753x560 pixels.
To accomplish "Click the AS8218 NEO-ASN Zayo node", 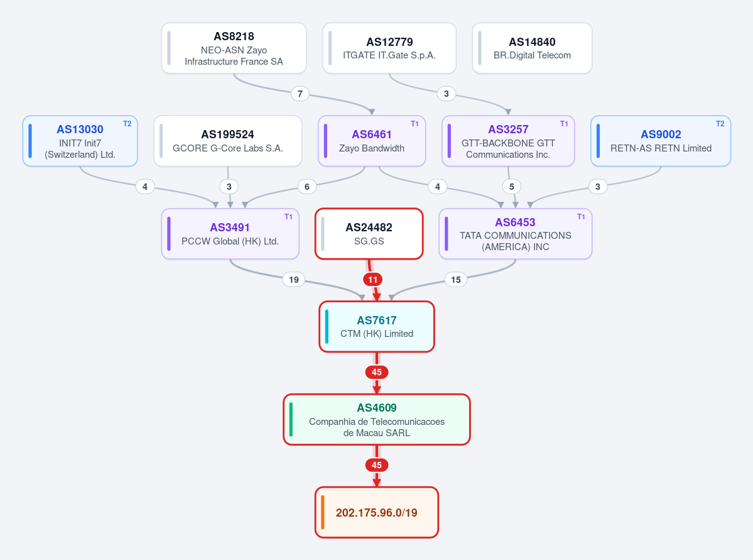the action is point(234,48).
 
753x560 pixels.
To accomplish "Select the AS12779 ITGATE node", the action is point(389,48).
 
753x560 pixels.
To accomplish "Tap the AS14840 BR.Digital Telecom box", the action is point(532,48).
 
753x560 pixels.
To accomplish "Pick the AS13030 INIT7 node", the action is point(80,141).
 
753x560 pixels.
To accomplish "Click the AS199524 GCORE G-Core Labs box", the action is point(227,141).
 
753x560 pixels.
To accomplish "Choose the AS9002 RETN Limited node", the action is point(661,141).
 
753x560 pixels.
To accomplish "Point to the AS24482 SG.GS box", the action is point(369,234).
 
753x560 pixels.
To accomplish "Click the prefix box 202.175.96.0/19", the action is point(377,512).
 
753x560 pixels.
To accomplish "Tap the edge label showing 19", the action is point(294,279).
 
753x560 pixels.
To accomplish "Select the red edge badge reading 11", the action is point(372,279).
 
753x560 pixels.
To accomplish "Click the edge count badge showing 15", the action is point(456,279).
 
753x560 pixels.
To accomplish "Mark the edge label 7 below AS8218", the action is point(300,93).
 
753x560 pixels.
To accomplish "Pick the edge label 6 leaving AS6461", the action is point(307,187).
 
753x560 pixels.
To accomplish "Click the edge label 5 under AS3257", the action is point(511,187).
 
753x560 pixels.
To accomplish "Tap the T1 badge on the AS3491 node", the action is point(288,217).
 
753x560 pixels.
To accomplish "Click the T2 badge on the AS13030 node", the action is point(127,124).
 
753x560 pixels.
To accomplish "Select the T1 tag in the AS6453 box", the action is point(581,217).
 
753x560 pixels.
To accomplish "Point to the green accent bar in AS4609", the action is point(291,420).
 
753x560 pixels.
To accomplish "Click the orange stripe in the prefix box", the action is point(323,512).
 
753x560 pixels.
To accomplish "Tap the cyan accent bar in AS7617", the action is point(327,327).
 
